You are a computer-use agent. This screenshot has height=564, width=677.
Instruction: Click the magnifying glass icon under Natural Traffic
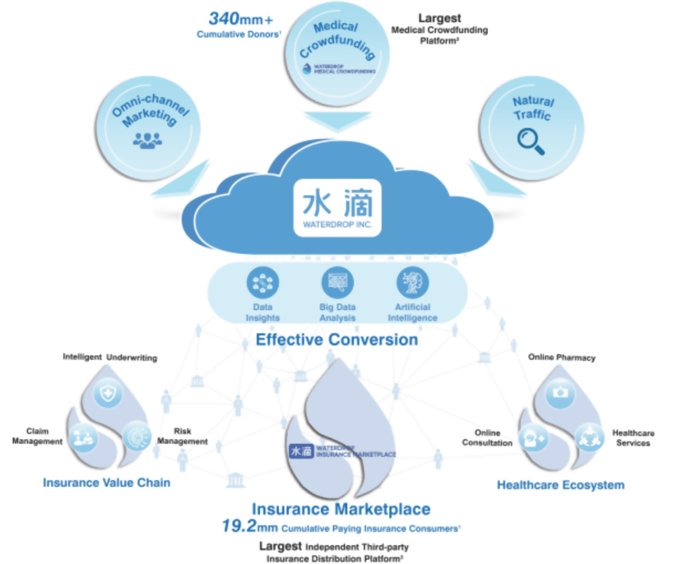(x=530, y=141)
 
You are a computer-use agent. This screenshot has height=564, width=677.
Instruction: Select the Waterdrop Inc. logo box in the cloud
(x=337, y=207)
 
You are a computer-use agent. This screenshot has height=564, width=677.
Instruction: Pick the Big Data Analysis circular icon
(x=337, y=283)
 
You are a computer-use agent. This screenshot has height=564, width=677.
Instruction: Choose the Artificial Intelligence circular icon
(x=412, y=283)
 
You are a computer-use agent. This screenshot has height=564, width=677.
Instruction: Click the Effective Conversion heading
(x=337, y=340)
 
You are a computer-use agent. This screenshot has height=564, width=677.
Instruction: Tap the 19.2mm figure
(x=249, y=526)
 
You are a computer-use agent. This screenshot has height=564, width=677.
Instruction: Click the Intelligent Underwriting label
(x=110, y=357)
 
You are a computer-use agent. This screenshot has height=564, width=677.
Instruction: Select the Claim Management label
(x=38, y=436)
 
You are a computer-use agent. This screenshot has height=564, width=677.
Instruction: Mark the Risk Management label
(x=182, y=436)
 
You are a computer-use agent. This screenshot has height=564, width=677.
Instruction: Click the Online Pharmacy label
(x=561, y=357)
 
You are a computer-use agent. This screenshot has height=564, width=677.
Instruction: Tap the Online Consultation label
(x=487, y=437)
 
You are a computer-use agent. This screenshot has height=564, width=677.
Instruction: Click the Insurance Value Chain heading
(x=107, y=483)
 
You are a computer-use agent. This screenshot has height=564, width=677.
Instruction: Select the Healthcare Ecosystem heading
(x=560, y=484)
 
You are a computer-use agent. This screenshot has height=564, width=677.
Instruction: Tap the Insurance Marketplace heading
(x=341, y=508)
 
